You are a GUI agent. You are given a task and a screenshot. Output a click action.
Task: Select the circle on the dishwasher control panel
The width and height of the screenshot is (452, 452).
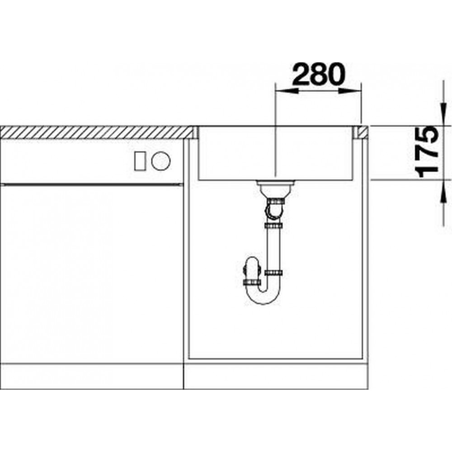coord(161,160)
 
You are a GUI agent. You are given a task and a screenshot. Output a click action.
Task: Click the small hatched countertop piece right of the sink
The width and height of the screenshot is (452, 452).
coord(363,132)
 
